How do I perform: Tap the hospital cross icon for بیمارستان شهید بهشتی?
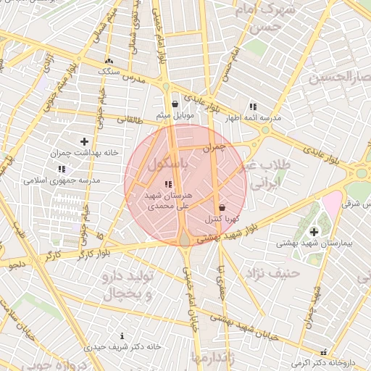pyautogui.click(x=313, y=232)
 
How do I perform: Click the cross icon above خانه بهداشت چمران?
pyautogui.click(x=85, y=141)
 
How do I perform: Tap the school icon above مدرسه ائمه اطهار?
pyautogui.click(x=252, y=106)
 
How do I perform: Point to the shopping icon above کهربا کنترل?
pyautogui.click(x=222, y=207)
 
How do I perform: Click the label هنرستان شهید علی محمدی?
pyautogui.click(x=169, y=201)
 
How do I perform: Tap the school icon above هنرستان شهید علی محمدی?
pyautogui.click(x=168, y=184)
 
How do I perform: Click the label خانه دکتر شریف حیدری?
pyautogui.click(x=122, y=347)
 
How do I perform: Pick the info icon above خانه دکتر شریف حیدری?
pyautogui.click(x=122, y=335)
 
